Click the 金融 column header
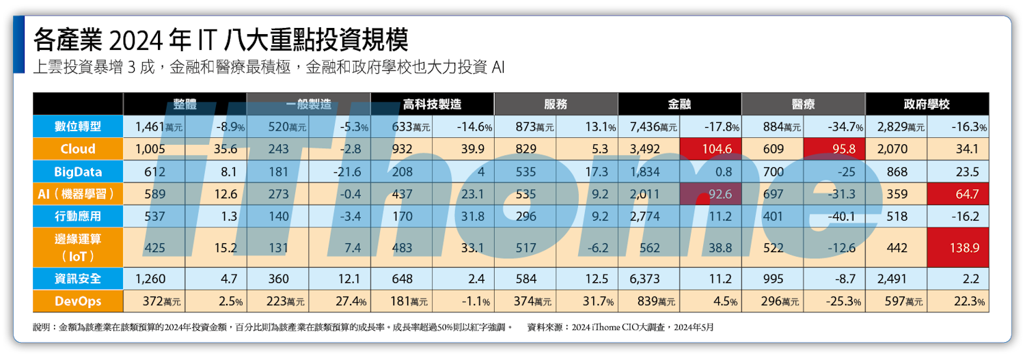coord(679,105)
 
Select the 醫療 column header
coord(803,105)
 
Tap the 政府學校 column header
coord(927,105)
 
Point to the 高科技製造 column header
coord(432,105)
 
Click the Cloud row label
coord(78,149)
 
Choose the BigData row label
coord(78,171)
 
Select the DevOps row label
coord(78,301)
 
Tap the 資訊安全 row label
coord(78,279)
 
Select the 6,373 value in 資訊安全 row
coord(643,279)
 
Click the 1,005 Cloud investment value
coord(150,149)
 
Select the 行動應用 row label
coord(78,217)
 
